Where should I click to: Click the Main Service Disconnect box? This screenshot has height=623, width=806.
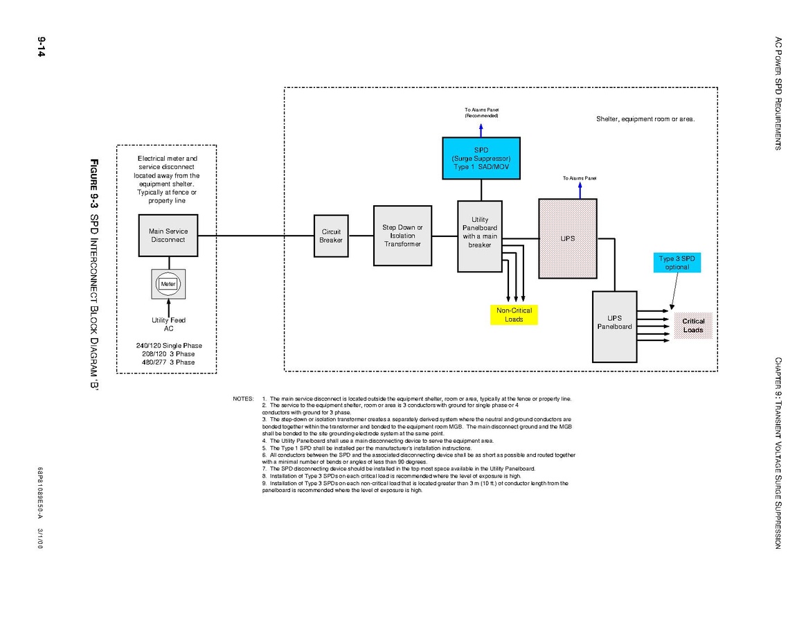click(x=168, y=236)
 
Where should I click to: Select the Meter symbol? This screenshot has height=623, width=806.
click(x=168, y=283)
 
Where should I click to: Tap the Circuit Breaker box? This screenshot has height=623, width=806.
click(x=331, y=236)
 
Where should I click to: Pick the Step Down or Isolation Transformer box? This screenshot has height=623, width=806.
click(x=402, y=236)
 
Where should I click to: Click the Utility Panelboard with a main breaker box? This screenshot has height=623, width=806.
click(x=480, y=236)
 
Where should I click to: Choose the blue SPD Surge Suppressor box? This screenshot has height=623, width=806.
click(x=481, y=158)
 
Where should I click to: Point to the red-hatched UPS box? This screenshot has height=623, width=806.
click(x=567, y=238)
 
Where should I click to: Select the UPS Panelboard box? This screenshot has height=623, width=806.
click(x=614, y=326)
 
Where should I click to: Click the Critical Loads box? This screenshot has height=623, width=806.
click(x=693, y=326)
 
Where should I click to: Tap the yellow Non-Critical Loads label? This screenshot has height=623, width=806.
click(x=514, y=315)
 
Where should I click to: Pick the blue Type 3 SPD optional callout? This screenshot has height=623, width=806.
click(x=677, y=263)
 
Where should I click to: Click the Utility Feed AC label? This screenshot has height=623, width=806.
click(x=168, y=324)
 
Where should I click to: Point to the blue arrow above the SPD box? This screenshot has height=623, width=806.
click(x=481, y=128)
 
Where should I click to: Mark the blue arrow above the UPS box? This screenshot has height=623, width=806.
click(x=580, y=190)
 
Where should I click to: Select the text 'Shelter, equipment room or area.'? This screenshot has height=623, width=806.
click(x=645, y=119)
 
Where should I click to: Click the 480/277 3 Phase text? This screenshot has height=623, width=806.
click(x=168, y=362)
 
